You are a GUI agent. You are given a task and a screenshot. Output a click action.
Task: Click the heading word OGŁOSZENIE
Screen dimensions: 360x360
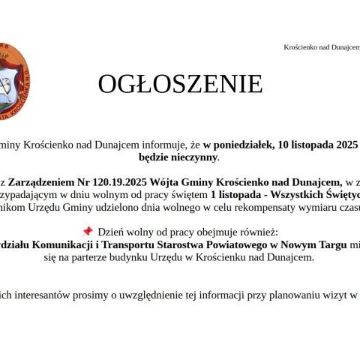(180, 84)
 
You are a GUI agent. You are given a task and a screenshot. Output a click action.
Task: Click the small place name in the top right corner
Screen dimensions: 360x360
(322, 47)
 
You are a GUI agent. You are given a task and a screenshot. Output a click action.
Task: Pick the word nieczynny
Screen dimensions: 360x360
(190, 157)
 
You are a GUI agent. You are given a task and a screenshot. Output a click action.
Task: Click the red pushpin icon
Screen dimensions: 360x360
(88, 231)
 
